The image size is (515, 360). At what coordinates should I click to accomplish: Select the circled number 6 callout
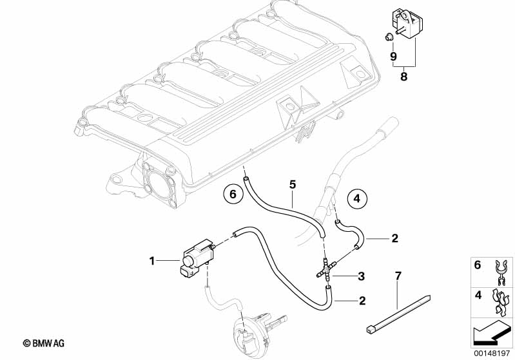[x=233, y=194]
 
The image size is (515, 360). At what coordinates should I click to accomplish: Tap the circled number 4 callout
[x=357, y=198]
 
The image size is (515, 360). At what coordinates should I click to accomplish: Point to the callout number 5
[x=293, y=184]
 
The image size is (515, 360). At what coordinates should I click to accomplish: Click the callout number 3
[x=362, y=276]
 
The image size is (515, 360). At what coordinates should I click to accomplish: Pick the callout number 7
[x=398, y=276]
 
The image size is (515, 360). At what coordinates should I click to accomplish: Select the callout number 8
[x=403, y=77]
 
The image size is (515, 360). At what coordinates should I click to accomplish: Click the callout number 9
[x=393, y=57]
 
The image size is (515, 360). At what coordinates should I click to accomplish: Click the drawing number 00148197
[x=492, y=354]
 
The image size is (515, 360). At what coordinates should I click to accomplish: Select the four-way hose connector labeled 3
[x=327, y=270]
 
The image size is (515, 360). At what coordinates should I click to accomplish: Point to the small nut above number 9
[x=388, y=37]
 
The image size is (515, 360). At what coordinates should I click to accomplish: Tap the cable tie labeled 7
[x=398, y=314]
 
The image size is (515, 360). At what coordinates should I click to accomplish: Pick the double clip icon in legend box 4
[x=501, y=302]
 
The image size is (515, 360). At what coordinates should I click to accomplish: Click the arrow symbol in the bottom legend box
[x=492, y=333]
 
